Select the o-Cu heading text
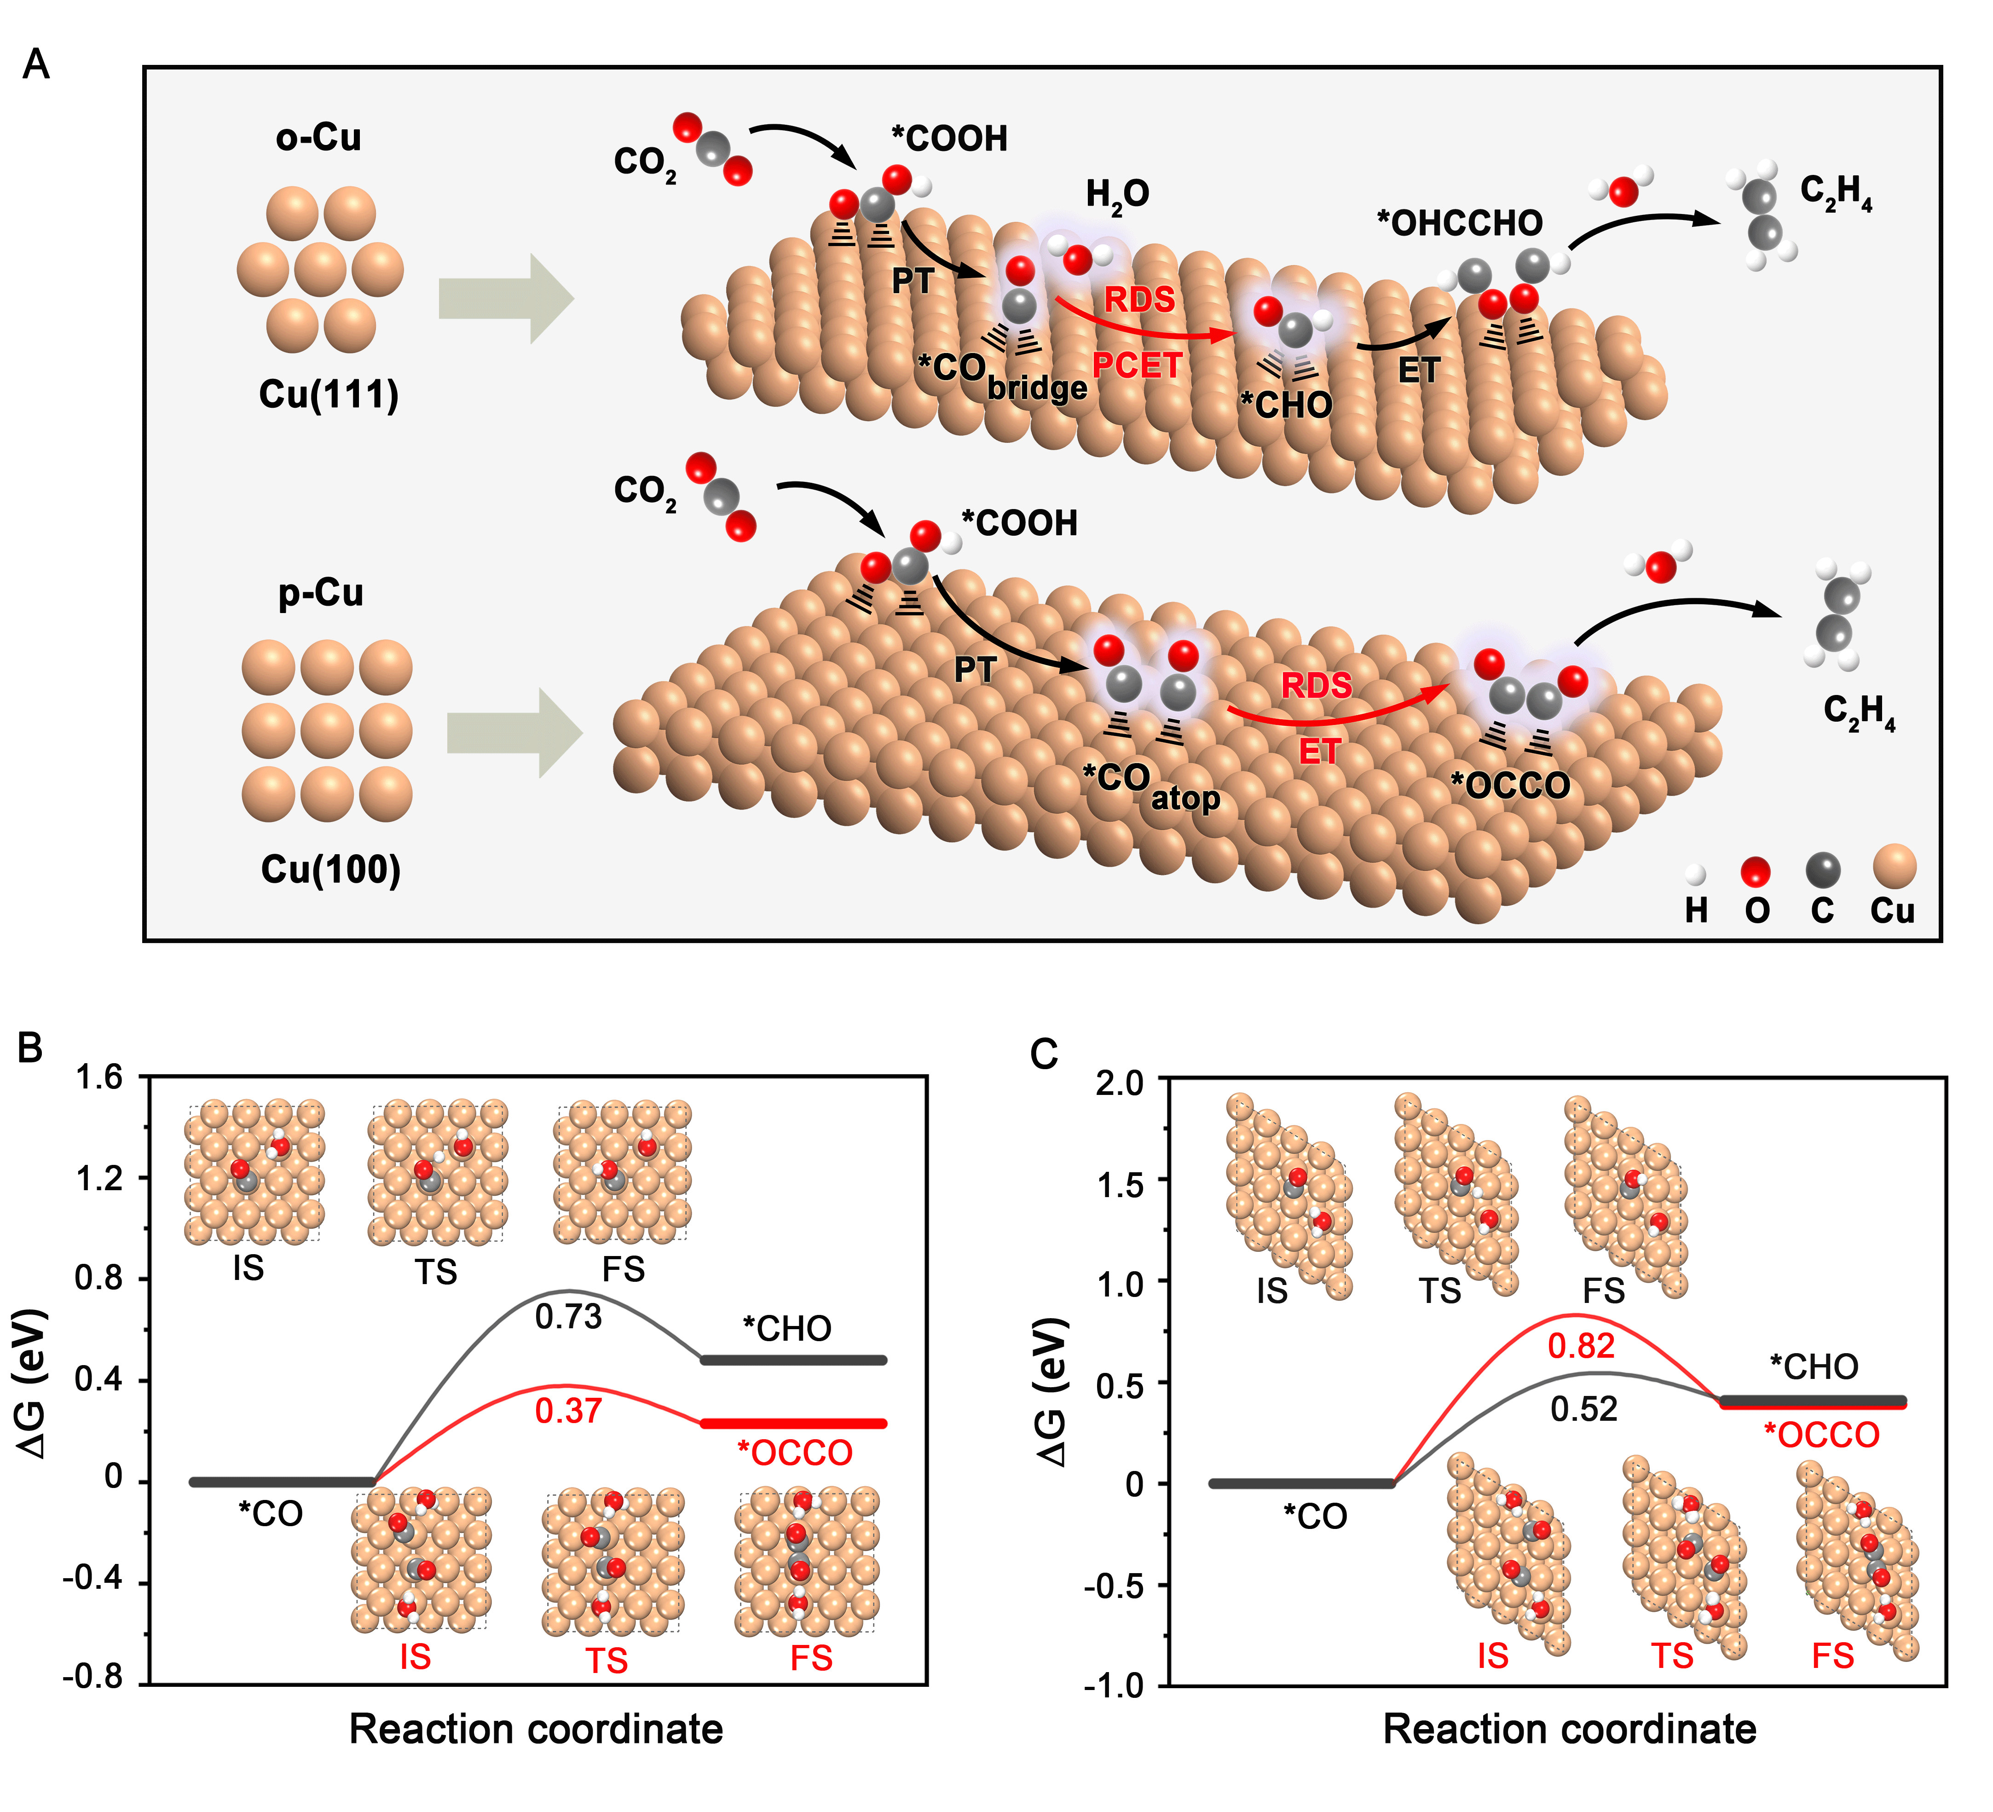point(318,138)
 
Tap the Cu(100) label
point(330,870)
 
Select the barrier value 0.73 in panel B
point(568,1317)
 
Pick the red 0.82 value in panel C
point(1582,1346)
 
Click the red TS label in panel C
point(1672,1656)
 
